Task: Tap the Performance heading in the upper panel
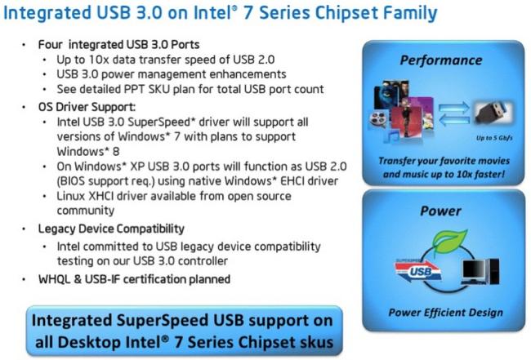(441, 60)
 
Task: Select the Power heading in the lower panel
(440, 211)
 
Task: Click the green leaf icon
(450, 240)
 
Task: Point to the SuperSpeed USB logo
(418, 269)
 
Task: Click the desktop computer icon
(480, 272)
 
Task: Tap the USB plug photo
(493, 113)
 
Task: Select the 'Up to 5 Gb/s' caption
(494, 138)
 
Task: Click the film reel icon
(377, 119)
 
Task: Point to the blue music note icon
(392, 137)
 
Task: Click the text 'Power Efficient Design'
(446, 313)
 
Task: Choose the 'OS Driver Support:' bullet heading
(87, 107)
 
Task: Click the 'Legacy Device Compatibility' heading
(111, 229)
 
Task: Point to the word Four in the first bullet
(51, 44)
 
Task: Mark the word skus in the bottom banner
(316, 342)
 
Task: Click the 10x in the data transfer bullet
(99, 60)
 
